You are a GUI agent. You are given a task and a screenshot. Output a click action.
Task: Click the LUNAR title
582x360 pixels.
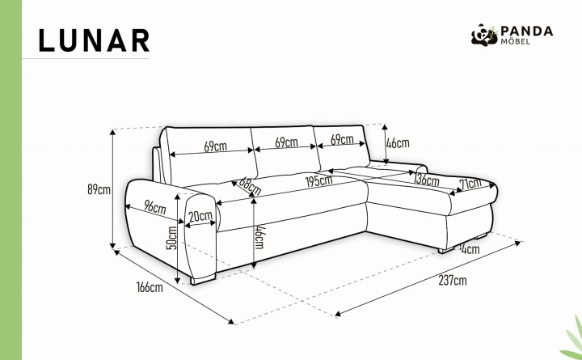[94, 40]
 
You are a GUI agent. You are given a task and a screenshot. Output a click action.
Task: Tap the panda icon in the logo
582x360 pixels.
[484, 35]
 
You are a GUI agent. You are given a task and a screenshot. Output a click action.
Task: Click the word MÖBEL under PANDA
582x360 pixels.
[515, 41]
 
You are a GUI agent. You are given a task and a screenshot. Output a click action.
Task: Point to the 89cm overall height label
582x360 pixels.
[99, 189]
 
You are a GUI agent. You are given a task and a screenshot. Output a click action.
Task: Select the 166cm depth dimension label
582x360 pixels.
[150, 287]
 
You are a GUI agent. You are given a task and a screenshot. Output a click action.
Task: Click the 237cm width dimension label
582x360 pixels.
[453, 280]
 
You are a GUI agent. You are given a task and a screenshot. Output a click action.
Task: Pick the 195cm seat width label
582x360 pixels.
[318, 181]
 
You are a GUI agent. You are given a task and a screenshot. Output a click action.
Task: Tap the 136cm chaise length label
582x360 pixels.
[427, 180]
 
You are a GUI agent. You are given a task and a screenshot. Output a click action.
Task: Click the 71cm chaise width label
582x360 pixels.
[470, 183]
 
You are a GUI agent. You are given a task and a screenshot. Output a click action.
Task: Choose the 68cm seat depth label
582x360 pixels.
[250, 187]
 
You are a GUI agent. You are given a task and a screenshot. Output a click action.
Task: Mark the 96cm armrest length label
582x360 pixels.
[154, 207]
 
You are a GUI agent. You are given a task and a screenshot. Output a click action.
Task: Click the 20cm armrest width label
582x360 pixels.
[200, 216]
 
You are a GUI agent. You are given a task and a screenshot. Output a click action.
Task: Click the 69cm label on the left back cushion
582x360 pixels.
[215, 146]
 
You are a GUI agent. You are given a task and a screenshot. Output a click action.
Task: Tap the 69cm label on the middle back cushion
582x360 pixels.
[286, 142]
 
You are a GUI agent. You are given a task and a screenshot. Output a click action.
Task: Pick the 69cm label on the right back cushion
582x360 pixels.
[342, 140]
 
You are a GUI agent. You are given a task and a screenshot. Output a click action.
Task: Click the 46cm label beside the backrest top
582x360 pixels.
[398, 143]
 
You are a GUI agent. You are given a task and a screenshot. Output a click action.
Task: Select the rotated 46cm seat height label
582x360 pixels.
[259, 237]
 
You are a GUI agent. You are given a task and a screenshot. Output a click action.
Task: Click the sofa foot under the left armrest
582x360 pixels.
[203, 279]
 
